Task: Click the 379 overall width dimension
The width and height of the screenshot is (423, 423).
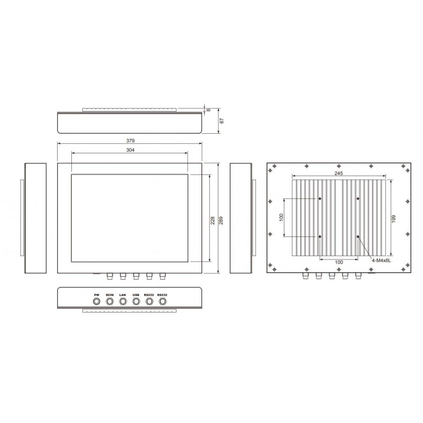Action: coord(130,141)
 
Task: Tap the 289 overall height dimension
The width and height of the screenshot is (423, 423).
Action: coord(220,218)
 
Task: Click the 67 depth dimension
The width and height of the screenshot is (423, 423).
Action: coord(223,121)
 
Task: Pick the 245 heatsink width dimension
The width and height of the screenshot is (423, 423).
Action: coord(339,173)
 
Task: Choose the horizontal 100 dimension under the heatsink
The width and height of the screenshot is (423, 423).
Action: coord(339,262)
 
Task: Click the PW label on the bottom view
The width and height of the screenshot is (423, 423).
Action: coord(96,295)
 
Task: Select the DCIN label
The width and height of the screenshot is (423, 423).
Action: coord(109,295)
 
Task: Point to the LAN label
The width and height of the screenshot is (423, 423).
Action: coord(123,295)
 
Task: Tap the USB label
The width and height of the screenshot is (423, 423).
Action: coord(136,295)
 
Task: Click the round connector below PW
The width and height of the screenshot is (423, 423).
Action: coord(97,302)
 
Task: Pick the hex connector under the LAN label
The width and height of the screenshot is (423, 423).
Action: coord(123,302)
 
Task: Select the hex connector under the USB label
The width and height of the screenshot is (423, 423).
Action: coord(136,302)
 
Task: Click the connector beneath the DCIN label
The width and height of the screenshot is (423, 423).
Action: coord(110,302)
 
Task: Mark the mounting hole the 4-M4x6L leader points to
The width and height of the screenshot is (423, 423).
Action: coord(358,236)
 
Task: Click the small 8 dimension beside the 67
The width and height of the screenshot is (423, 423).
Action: coord(209,109)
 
